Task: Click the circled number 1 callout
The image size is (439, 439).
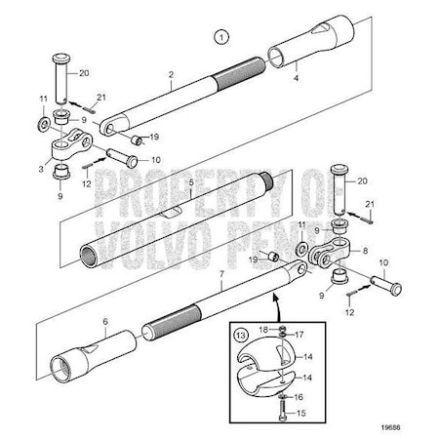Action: pos(221,37)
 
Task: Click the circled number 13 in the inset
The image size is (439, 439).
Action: pos(241,335)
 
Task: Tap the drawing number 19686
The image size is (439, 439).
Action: pos(390,427)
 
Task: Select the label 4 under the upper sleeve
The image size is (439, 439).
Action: pos(296,78)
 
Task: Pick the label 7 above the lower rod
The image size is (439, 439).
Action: pos(221,274)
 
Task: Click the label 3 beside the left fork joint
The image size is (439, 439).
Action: pos(41,170)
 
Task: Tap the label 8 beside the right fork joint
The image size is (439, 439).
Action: pos(365,251)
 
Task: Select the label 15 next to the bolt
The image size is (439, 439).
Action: pos(301,413)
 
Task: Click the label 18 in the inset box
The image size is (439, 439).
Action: pos(263,330)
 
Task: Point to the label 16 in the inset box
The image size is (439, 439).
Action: pos(299,397)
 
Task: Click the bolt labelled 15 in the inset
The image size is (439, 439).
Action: pos(282,411)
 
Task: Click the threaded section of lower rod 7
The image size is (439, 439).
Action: pos(172,323)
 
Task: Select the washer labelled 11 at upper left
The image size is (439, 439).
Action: pos(43,125)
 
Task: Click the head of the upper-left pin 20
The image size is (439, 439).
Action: pos(61,60)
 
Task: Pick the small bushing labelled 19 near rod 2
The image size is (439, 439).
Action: pos(137,140)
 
